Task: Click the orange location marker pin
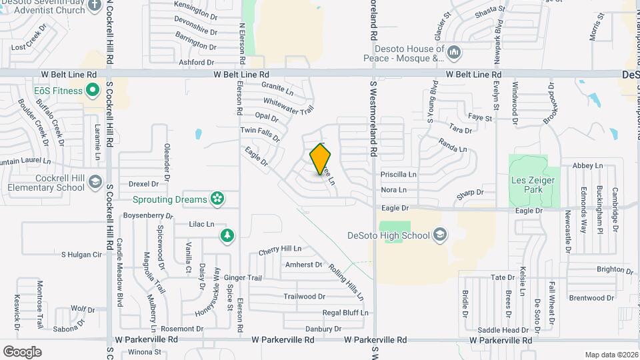(321, 159)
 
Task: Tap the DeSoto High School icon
(439, 234)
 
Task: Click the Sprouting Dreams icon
(216, 198)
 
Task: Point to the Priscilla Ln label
(398, 174)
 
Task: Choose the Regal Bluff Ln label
(345, 312)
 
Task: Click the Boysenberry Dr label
(147, 215)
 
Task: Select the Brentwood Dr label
(591, 298)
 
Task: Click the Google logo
(22, 351)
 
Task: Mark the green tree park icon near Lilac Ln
(227, 235)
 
